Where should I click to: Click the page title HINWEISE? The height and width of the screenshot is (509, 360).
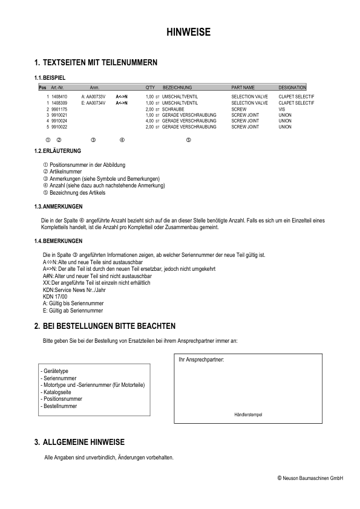188,33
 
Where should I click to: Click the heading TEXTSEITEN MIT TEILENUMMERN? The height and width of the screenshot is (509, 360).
100,62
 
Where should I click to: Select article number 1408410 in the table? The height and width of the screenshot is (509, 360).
59,96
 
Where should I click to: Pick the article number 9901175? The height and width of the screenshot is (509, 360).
59,109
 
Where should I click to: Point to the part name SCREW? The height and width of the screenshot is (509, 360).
238,109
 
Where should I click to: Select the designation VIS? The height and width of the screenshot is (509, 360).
282,109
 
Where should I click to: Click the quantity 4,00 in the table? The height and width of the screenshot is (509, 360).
150,121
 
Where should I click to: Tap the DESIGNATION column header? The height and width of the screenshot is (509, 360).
292,88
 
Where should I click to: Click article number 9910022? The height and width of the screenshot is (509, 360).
59,127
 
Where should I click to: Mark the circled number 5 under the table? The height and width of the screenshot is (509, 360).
189,140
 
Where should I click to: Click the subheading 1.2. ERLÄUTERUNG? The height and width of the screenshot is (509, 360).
55,151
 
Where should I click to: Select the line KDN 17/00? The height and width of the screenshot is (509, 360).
56,297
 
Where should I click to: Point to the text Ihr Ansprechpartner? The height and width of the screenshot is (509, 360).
201,360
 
